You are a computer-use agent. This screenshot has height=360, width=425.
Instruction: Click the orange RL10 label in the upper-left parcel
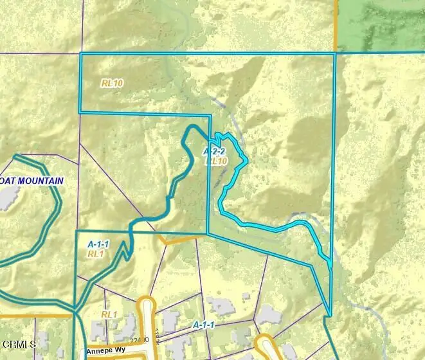click(x=112, y=83)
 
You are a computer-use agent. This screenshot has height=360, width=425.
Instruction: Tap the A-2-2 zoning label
click(x=214, y=152)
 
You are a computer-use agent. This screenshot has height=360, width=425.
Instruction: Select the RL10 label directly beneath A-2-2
click(x=217, y=161)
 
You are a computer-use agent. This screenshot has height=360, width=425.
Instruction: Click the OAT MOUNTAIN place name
click(x=33, y=181)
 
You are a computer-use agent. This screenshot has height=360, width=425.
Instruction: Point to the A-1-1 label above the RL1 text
click(x=98, y=244)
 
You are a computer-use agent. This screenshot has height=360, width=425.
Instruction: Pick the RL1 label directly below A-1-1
click(x=96, y=254)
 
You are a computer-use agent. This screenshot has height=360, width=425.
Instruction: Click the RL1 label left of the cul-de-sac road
click(x=109, y=314)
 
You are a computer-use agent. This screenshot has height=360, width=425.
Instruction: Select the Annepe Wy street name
click(x=108, y=352)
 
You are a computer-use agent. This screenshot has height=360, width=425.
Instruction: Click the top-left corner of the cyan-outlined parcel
click(x=80, y=54)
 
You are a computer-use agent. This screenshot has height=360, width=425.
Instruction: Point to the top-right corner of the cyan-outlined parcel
click(x=336, y=54)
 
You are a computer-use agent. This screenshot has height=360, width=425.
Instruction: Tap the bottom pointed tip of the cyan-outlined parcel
click(x=330, y=316)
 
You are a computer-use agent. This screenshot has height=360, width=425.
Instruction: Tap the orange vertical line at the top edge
click(x=336, y=22)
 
